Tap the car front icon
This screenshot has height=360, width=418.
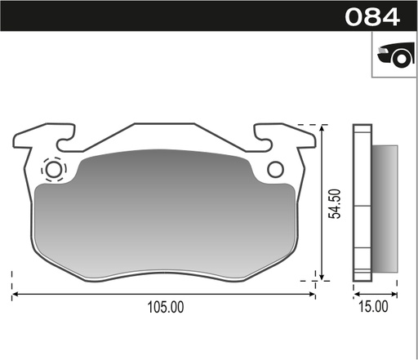393,54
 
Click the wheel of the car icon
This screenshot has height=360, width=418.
400,59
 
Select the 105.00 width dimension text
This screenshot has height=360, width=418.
164,307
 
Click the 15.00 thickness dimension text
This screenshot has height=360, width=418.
375,307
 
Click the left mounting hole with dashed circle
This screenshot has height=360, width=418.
55,170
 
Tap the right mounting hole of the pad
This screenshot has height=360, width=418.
275,169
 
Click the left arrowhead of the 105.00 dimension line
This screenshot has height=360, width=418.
16,292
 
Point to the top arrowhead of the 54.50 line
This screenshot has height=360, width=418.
325,130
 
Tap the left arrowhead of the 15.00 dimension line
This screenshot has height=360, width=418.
355,292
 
